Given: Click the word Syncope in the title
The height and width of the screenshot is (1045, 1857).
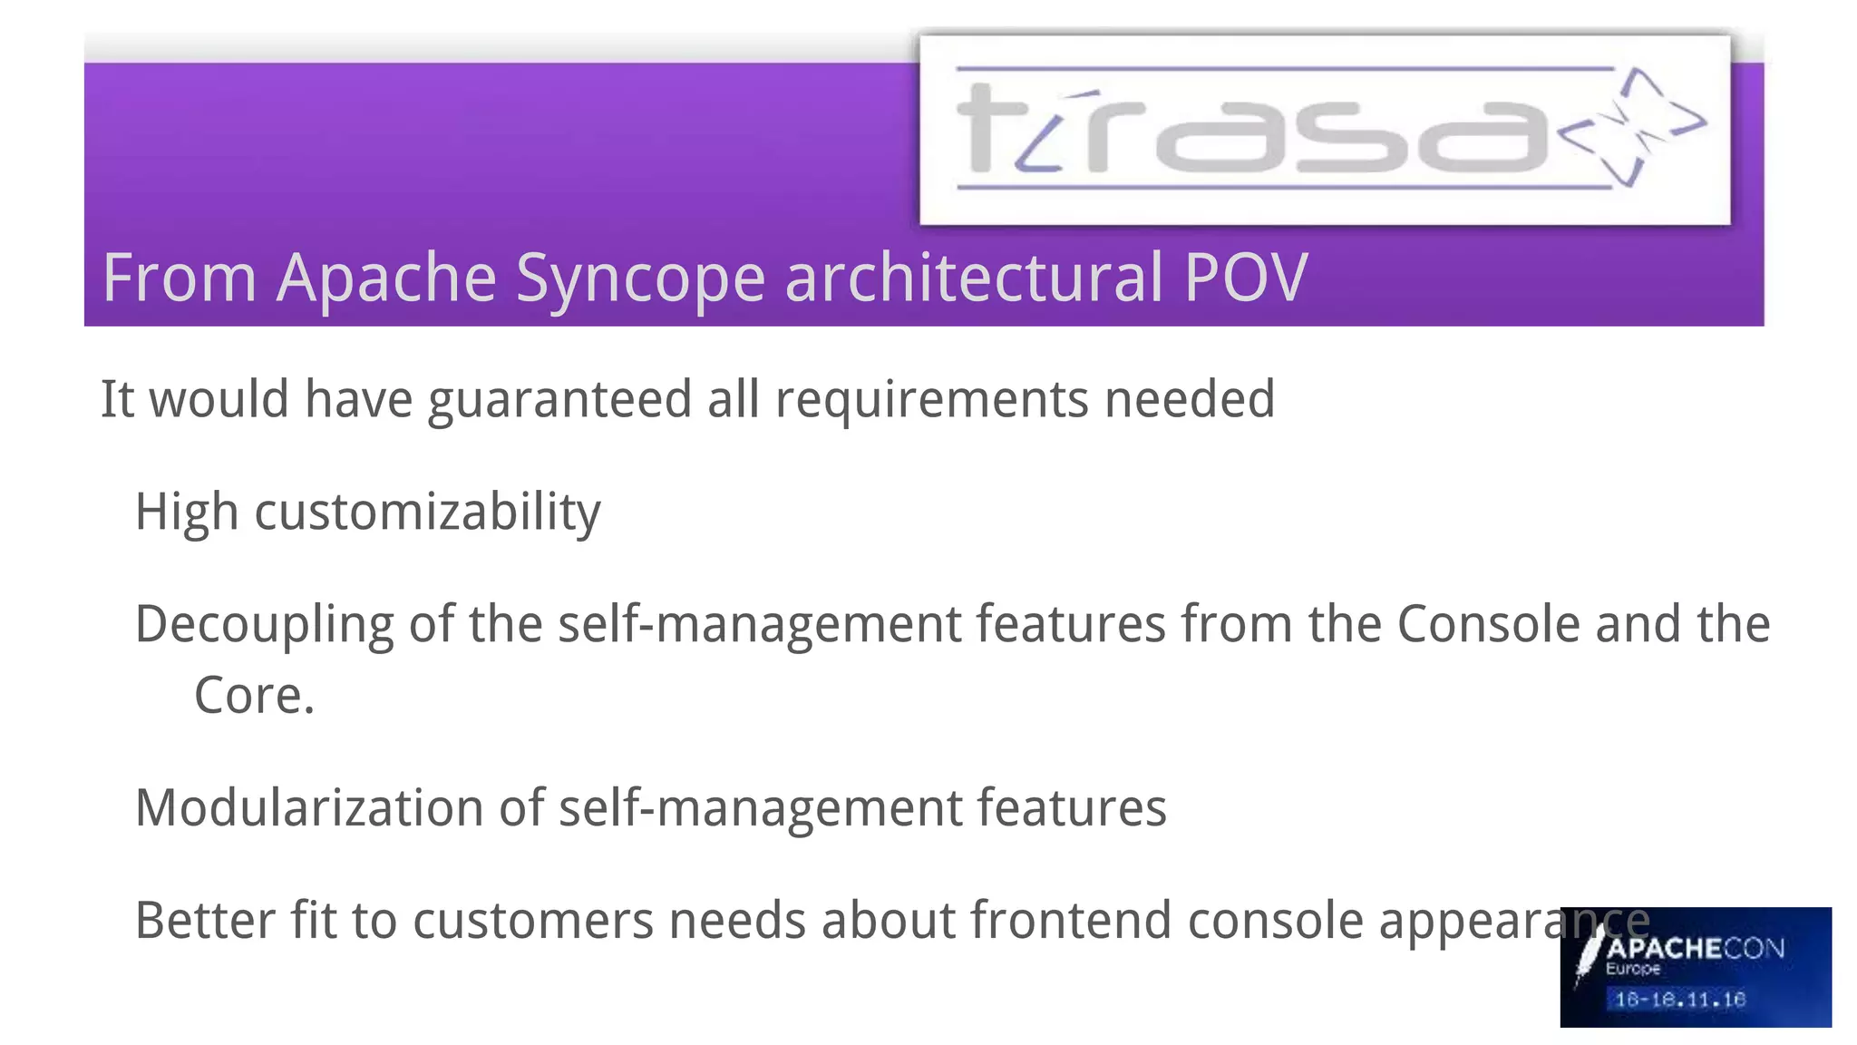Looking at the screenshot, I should coord(640,278).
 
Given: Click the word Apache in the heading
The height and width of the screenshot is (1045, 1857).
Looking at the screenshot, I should coord(386,278).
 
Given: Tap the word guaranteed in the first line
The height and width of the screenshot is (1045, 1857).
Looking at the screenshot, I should coord(559,399).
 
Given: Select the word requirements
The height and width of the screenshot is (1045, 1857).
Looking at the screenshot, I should coord(931,399).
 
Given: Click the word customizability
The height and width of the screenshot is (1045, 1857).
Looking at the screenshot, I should coord(427,513).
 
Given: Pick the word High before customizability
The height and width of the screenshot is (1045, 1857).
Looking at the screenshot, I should coord(187,512).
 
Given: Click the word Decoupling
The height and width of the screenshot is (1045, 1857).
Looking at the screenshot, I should coord(264,626).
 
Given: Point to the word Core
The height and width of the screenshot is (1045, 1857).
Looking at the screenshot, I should coord(254,696).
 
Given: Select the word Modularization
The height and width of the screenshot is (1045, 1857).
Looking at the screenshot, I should coord(308,808).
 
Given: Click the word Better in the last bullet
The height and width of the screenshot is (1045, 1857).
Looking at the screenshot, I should coord(205,921).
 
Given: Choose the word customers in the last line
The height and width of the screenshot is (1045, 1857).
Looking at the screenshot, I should coord(533,922).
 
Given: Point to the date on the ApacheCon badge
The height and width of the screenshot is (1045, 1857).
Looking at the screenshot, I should coord(1680,1000).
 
